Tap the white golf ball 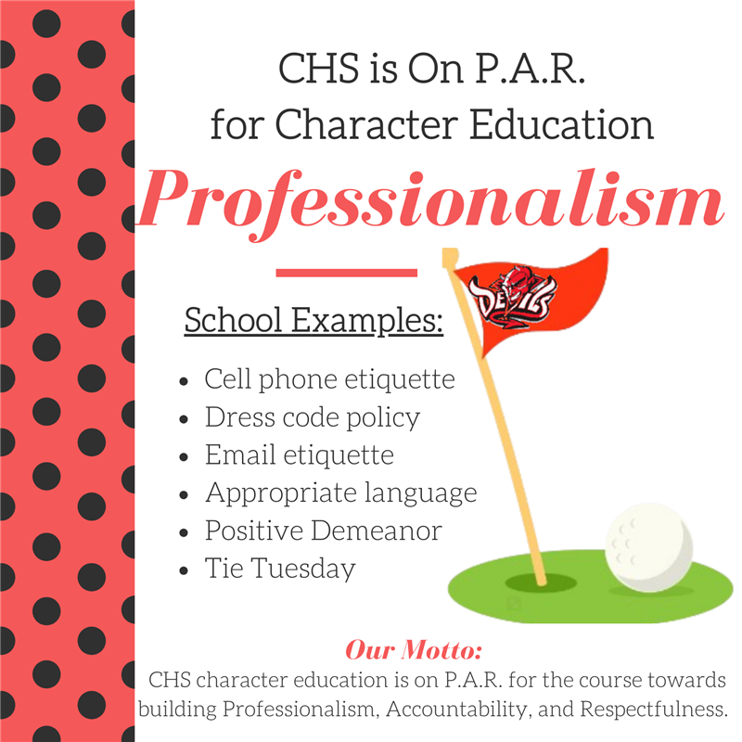(648, 547)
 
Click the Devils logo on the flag (512, 297)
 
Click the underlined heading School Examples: (313, 320)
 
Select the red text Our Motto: (414, 649)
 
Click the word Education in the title (561, 124)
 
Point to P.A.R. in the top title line (530, 68)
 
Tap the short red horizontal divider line (346, 273)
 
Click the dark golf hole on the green (541, 582)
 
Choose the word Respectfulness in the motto (654, 709)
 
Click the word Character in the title (366, 124)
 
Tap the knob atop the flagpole (450, 257)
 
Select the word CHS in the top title (318, 68)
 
